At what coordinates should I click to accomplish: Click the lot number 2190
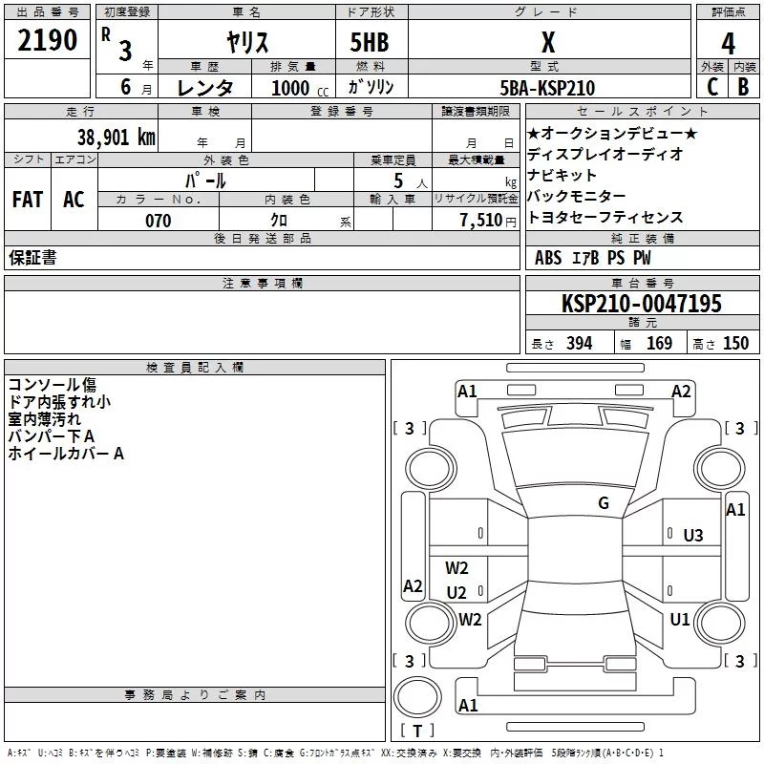(47, 40)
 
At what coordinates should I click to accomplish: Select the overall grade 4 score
(728, 44)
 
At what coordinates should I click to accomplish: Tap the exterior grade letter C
(712, 87)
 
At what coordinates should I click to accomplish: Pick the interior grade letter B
(744, 87)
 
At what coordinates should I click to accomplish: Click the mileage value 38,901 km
(117, 138)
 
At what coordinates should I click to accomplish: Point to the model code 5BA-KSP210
(547, 88)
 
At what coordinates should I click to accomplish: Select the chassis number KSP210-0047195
(642, 304)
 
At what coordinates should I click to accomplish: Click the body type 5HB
(370, 42)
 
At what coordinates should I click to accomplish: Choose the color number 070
(159, 221)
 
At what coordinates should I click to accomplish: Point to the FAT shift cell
(28, 200)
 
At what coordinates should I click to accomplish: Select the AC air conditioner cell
(74, 200)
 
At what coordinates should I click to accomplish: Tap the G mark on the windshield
(604, 503)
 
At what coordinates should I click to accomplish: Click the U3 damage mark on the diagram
(693, 536)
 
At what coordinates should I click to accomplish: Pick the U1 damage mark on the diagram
(680, 619)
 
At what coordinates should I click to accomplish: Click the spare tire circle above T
(417, 697)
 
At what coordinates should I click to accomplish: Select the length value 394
(580, 343)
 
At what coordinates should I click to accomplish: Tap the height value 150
(735, 343)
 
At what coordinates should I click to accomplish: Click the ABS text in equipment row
(548, 258)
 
